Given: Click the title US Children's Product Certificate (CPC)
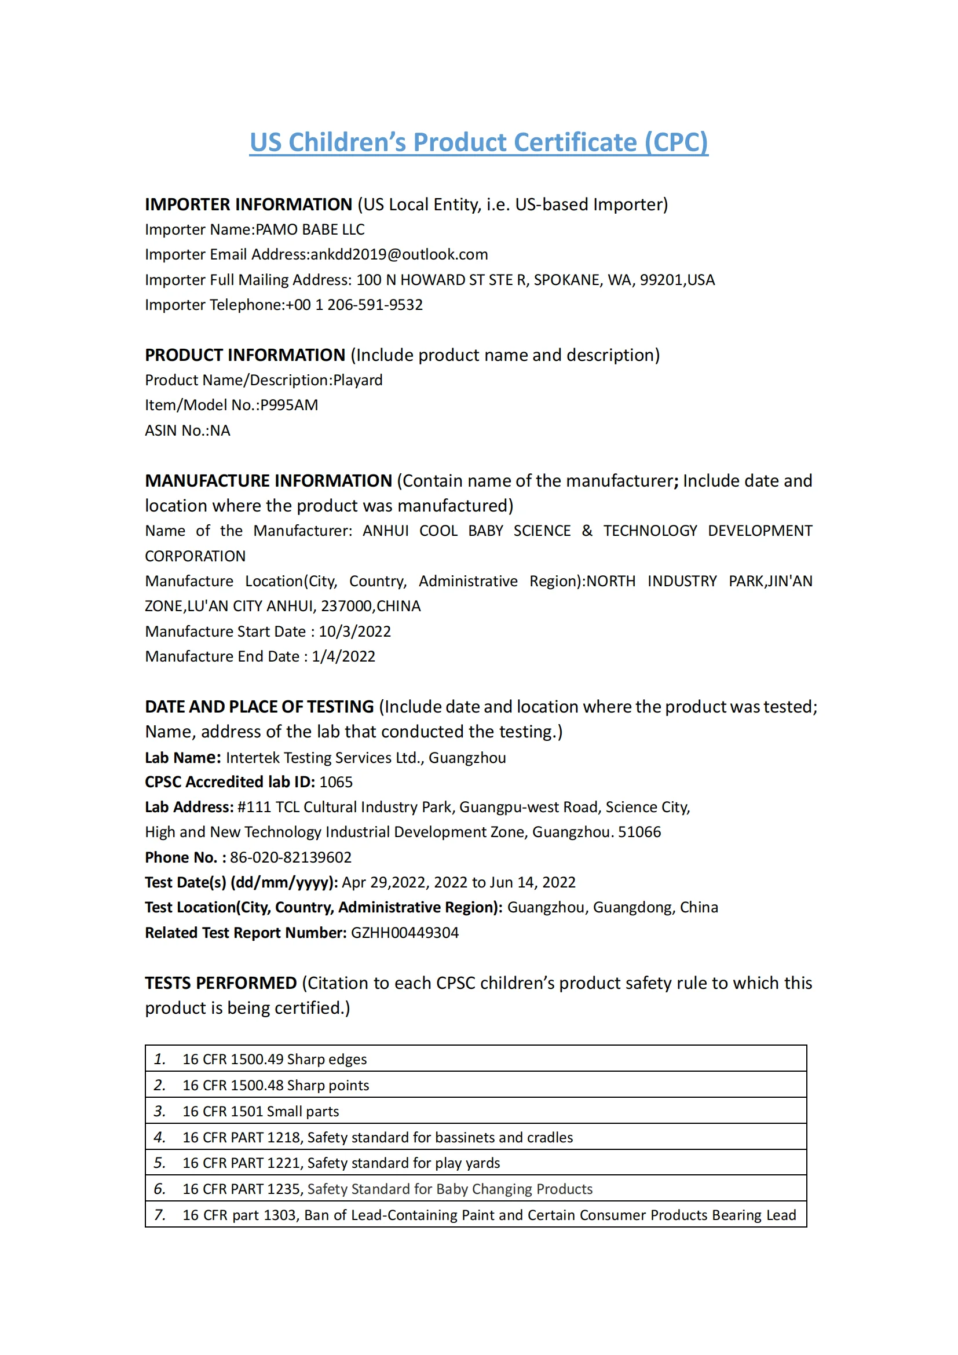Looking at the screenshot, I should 478,143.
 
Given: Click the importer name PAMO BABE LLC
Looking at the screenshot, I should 310,229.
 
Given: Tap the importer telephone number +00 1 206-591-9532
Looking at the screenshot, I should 354,305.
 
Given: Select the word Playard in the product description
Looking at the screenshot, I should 357,380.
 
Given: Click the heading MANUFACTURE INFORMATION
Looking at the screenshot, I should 268,481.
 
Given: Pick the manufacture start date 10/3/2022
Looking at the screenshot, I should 354,631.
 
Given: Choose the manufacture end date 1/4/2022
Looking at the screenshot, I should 343,656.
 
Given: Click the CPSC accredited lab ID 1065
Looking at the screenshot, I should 336,782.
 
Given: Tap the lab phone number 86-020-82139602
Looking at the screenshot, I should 290,857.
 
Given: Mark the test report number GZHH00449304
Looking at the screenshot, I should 405,933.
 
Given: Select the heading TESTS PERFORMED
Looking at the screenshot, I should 221,983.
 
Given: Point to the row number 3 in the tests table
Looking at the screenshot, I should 159,1111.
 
